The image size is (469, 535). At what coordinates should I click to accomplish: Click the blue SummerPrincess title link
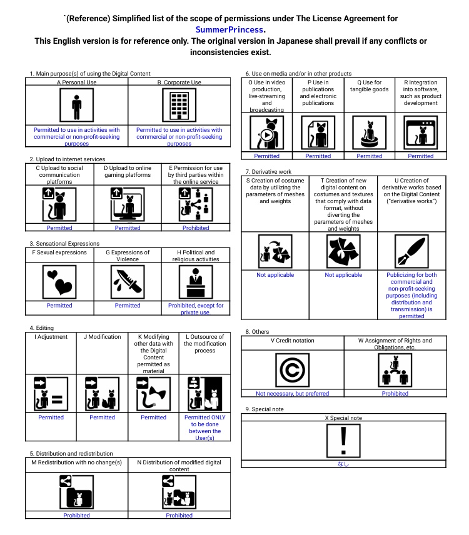(229, 29)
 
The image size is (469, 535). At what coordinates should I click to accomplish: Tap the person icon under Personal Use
(76, 105)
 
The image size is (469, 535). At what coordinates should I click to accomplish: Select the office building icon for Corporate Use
(179, 105)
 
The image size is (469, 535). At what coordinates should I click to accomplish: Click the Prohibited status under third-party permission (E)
(196, 228)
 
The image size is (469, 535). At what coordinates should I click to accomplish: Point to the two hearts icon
(59, 282)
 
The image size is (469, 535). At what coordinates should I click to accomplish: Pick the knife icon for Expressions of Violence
(128, 282)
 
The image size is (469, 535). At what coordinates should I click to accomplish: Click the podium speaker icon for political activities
(196, 282)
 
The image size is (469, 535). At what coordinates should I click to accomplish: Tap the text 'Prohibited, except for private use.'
(196, 309)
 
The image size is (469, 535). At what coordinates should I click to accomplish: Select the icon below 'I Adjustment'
(51, 394)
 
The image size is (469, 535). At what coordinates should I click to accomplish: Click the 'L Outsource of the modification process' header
(205, 344)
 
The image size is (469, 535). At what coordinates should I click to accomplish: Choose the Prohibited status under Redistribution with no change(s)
(76, 515)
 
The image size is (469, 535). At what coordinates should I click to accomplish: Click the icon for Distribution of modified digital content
(179, 492)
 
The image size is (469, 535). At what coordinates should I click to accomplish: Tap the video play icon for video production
(266, 132)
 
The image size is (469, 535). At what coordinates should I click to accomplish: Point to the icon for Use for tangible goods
(370, 132)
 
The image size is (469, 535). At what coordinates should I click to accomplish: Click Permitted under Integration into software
(420, 156)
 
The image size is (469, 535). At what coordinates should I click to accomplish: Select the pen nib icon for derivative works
(411, 251)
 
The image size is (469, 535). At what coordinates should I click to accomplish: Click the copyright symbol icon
(293, 370)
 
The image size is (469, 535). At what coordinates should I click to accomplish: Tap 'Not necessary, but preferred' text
(293, 393)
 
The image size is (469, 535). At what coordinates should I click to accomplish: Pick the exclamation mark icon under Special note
(343, 441)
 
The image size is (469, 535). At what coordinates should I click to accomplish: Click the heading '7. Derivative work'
(268, 172)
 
